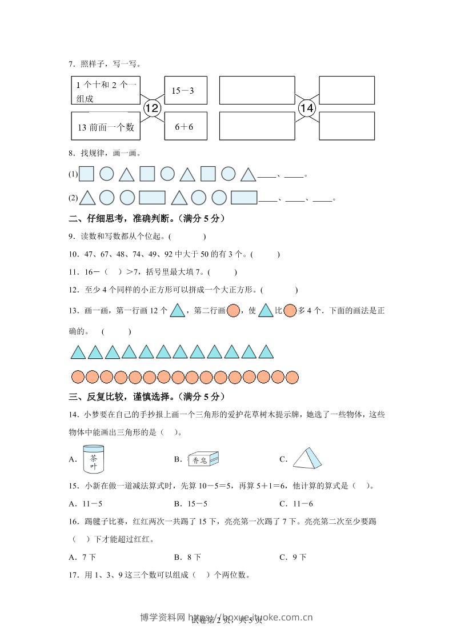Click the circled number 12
click(x=152, y=107)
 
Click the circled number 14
click(x=307, y=107)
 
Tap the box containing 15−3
click(x=186, y=90)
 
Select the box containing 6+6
click(x=186, y=126)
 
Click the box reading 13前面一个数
click(x=105, y=126)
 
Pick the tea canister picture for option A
click(x=93, y=459)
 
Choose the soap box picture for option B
click(x=202, y=459)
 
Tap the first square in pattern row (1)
click(x=86, y=174)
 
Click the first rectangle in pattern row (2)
click(x=151, y=198)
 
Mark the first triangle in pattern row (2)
click(x=87, y=198)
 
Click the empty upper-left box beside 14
click(x=256, y=90)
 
